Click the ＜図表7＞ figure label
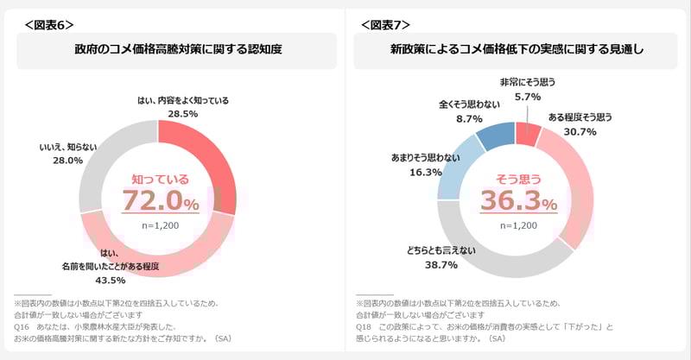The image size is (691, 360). point(385,24)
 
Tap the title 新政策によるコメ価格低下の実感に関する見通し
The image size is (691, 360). point(517,50)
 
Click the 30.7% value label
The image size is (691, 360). point(580,131)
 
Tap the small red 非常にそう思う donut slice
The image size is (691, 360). point(528,133)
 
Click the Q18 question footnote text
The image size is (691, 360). point(484,329)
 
